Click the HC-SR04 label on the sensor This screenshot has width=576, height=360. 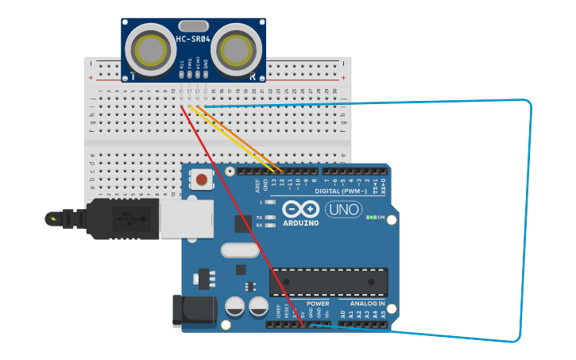[x=193, y=39]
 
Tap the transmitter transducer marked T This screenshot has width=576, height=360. [x=151, y=49]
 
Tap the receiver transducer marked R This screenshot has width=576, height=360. [x=236, y=49]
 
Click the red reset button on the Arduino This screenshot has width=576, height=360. [x=202, y=180]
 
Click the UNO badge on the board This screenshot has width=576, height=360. [x=343, y=210]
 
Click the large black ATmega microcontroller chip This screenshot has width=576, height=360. [x=329, y=282]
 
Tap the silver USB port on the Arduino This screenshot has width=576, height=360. [x=187, y=219]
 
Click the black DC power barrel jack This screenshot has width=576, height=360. [x=194, y=310]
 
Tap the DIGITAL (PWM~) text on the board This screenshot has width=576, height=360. [x=341, y=192]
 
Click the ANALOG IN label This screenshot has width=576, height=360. [x=367, y=304]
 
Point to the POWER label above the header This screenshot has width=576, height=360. [x=318, y=304]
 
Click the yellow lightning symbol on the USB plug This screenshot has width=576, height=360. [x=53, y=219]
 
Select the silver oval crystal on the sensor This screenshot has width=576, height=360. [x=193, y=25]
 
